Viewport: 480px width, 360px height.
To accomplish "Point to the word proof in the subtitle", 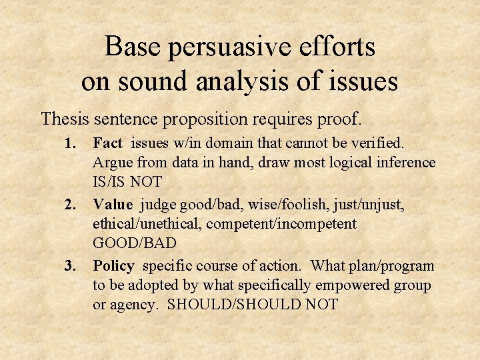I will [339, 119].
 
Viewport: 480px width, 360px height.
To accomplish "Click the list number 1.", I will [69, 143].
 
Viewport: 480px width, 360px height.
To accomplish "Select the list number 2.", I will [69, 205].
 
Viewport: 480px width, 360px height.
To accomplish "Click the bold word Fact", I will [107, 143].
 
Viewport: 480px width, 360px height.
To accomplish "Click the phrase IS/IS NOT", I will [126, 181].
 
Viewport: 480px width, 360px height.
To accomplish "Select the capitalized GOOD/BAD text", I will [131, 243].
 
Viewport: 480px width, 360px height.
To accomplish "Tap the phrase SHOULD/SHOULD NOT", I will [253, 305].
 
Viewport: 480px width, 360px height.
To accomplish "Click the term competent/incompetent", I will [281, 224].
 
